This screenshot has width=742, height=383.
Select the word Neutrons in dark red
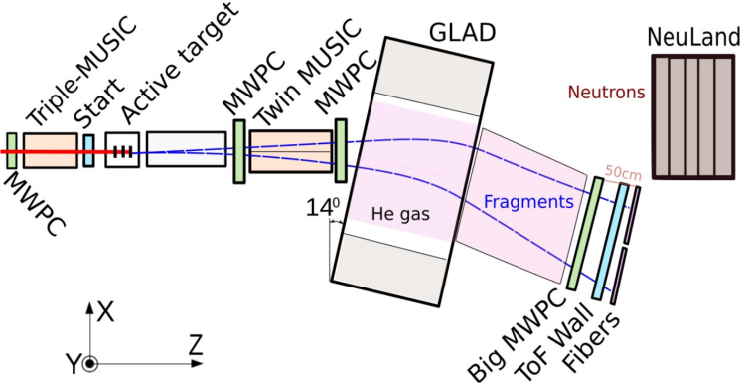(605, 93)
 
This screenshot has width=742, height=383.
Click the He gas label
(397, 213)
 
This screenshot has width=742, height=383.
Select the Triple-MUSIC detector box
(50, 150)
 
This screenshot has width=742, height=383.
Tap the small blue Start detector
(89, 150)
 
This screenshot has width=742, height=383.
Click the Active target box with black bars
(122, 150)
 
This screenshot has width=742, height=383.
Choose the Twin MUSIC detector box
(290, 150)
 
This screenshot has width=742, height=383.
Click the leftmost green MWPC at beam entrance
(12, 150)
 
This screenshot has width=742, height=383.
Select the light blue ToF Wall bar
(608, 239)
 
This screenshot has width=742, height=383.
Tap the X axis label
(106, 311)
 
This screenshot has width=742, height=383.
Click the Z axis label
(196, 345)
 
